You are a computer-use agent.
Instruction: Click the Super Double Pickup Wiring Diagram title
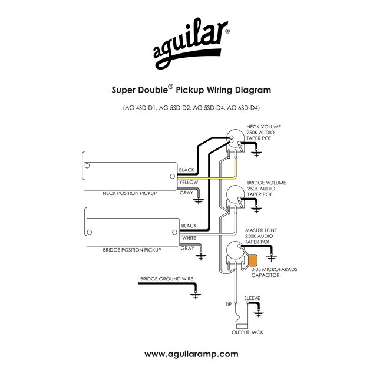191,91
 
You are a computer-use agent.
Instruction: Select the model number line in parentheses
191,108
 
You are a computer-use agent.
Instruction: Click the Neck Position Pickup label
130,193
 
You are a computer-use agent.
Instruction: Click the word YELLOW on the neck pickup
189,183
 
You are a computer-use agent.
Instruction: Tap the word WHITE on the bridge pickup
189,238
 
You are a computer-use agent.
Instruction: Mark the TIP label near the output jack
229,305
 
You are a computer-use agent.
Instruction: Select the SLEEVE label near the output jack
252,299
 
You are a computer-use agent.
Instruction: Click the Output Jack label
247,332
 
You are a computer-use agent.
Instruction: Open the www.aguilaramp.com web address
191,354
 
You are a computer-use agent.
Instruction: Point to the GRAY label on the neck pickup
187,193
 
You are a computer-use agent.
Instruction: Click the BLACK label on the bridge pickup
189,226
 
